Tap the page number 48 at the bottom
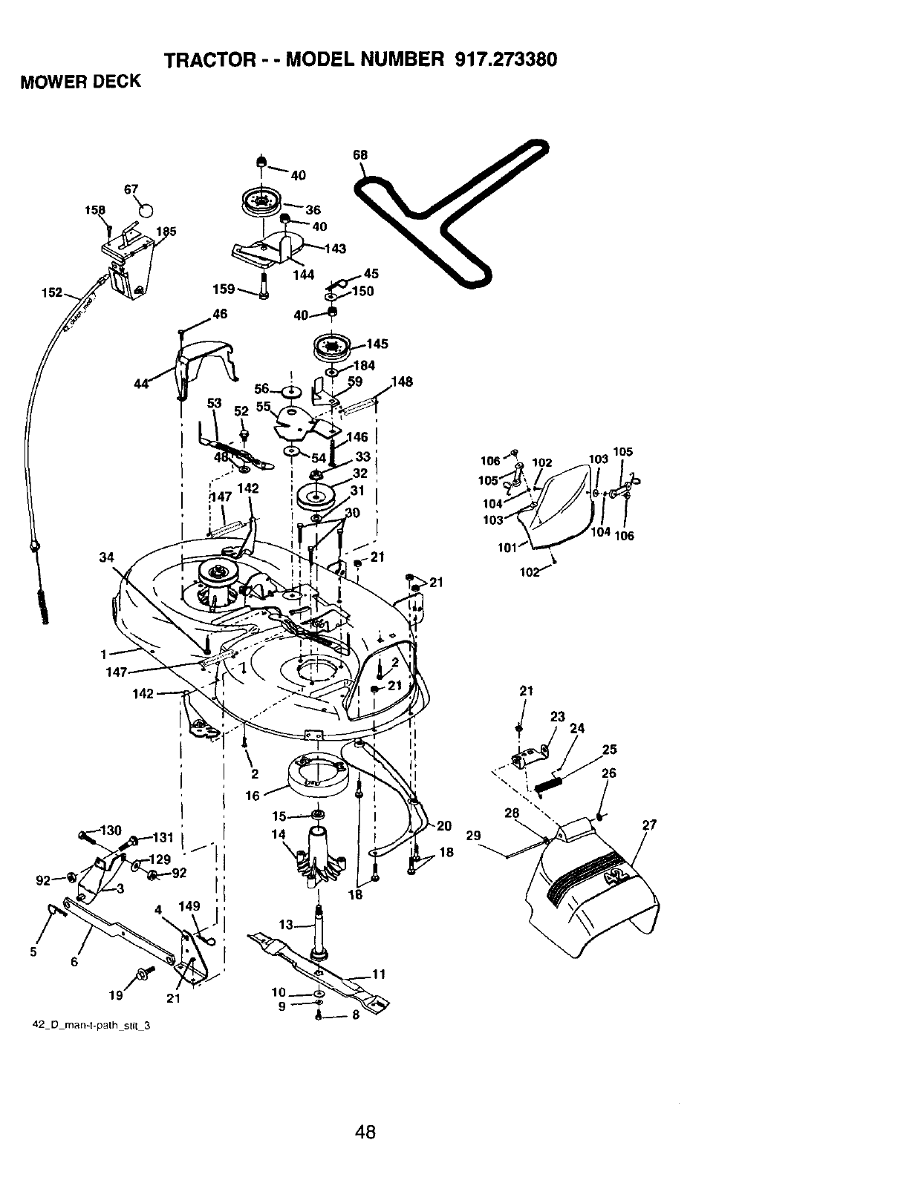365,1131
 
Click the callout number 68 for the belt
359,156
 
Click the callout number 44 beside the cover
141,383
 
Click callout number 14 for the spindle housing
279,834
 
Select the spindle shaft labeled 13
321,928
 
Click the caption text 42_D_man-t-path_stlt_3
91,1026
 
